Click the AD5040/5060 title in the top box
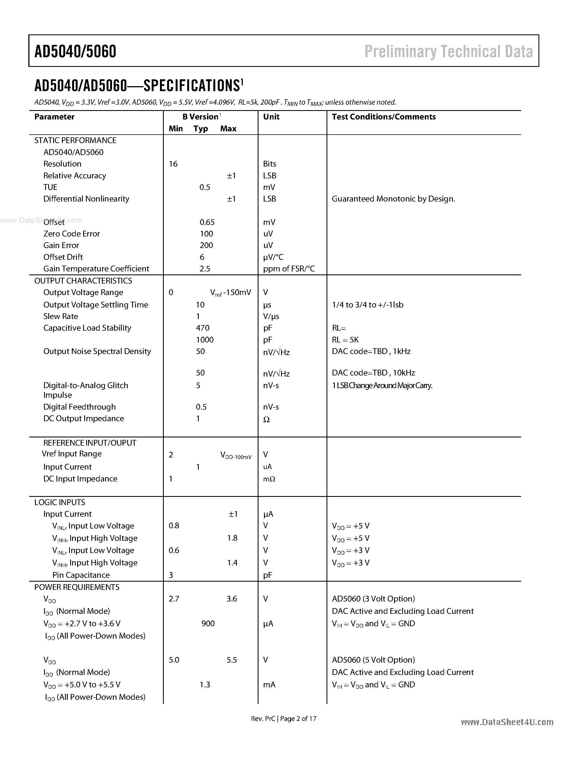[x=75, y=52]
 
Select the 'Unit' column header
[x=271, y=117]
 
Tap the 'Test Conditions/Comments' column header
[x=384, y=117]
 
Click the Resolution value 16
[x=173, y=164]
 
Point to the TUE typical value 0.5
[x=205, y=187]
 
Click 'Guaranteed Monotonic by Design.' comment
[x=393, y=199]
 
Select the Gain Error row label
[x=61, y=245]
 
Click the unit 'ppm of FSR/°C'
[x=289, y=269]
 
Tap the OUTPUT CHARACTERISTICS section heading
[x=83, y=281]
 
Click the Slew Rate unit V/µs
[x=271, y=317]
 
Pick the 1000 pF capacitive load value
[x=205, y=340]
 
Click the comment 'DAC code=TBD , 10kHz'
[x=373, y=373]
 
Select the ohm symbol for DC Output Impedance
[x=266, y=420]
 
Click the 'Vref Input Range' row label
[x=72, y=454]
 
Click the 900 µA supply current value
[x=208, y=623]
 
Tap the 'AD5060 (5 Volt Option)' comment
[x=373, y=660]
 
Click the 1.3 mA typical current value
[x=205, y=685]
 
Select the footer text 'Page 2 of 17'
[x=298, y=718]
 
